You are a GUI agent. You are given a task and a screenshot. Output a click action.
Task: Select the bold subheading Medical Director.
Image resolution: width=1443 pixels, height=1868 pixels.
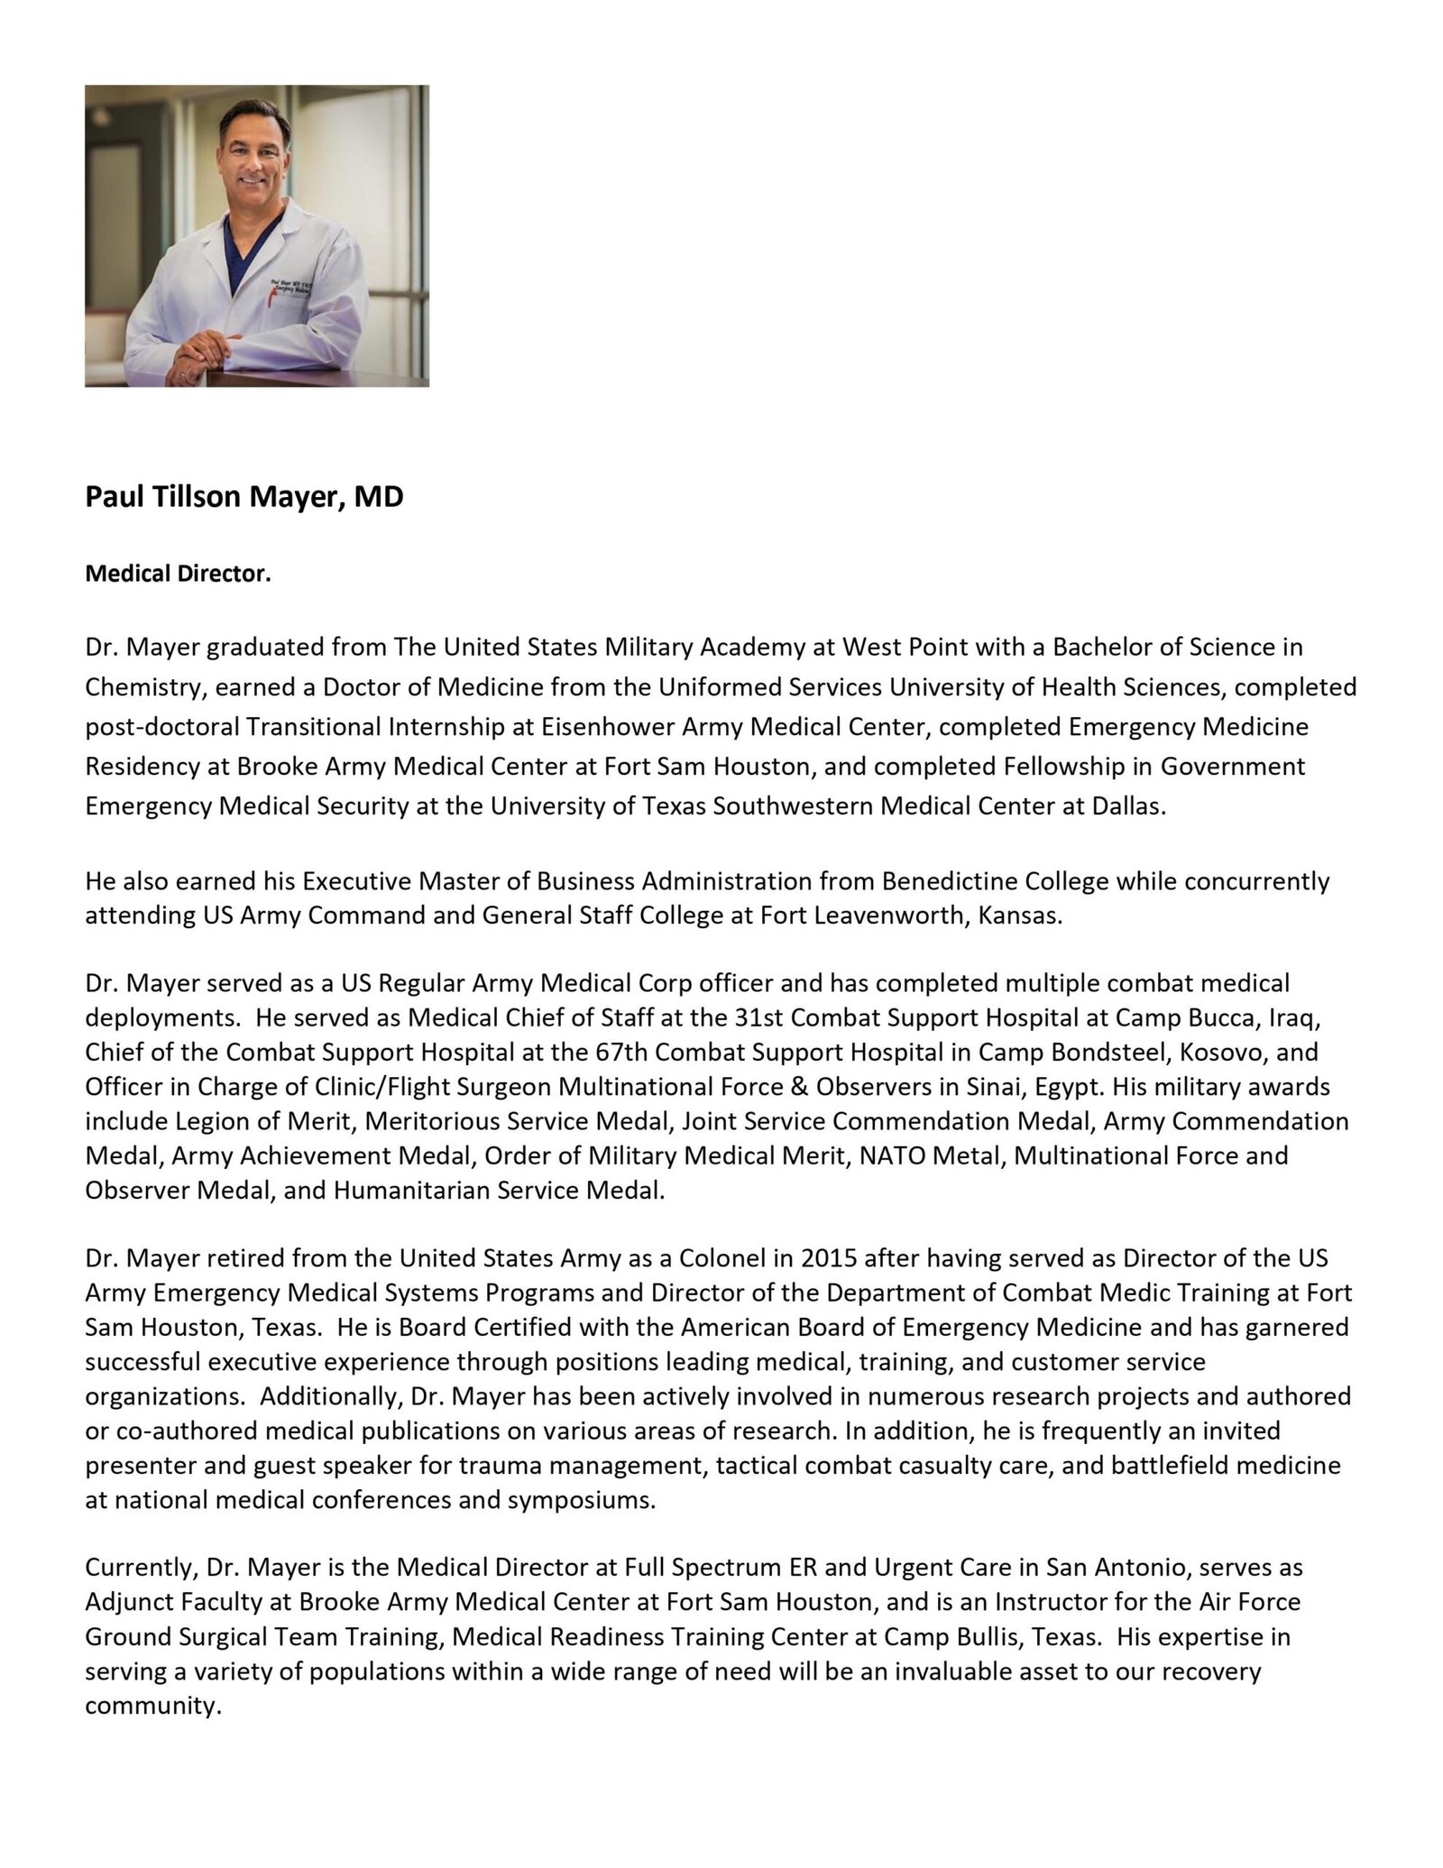click(x=178, y=574)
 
